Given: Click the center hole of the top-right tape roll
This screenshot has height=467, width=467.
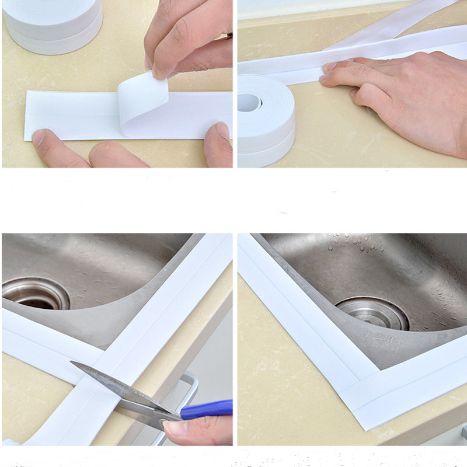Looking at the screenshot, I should [x=250, y=103].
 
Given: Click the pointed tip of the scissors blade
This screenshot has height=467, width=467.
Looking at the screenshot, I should [x=73, y=364].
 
